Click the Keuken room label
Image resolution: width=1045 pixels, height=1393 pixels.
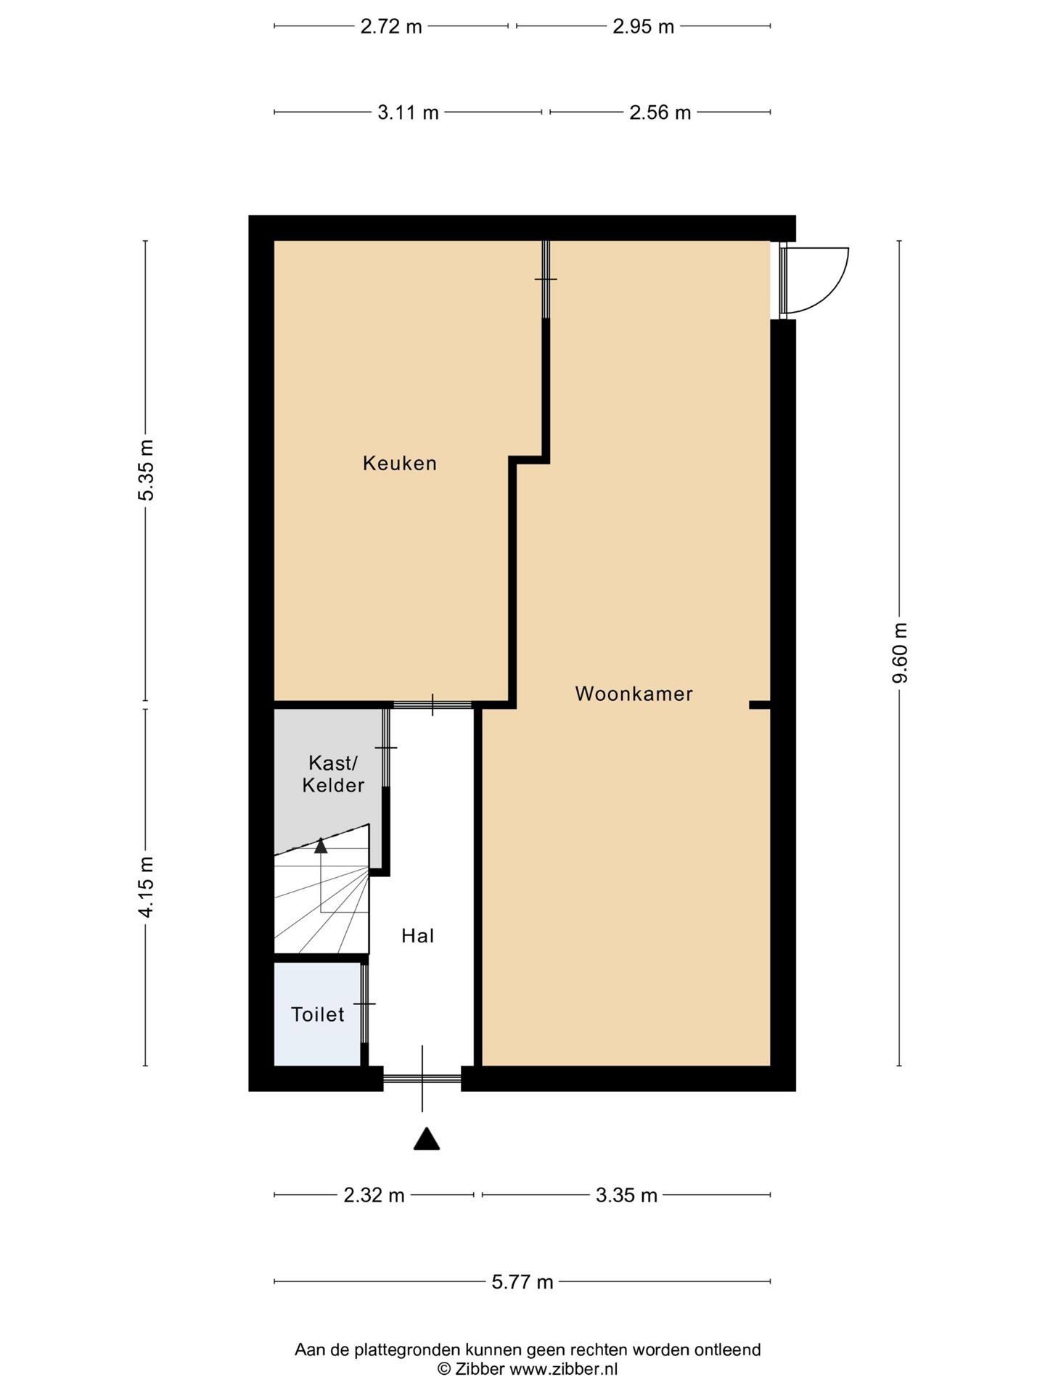pyautogui.click(x=400, y=463)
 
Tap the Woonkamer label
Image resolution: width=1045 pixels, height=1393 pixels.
pyautogui.click(x=634, y=694)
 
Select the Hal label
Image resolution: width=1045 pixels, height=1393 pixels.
pyautogui.click(x=418, y=936)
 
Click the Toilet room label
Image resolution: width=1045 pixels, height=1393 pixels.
pyautogui.click(x=318, y=1014)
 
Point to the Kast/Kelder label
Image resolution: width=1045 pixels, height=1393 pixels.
pyautogui.click(x=334, y=773)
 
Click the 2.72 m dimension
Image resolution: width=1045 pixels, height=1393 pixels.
pyautogui.click(x=391, y=27)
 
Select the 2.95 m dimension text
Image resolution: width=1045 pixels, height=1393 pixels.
pyautogui.click(x=644, y=27)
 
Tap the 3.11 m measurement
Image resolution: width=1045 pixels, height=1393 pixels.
pyautogui.click(x=409, y=112)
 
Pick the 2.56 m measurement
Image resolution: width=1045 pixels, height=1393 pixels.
pyautogui.click(x=660, y=112)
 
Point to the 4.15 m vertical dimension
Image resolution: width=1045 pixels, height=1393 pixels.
pyautogui.click(x=147, y=887)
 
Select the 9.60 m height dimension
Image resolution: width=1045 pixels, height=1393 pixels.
pyautogui.click(x=900, y=653)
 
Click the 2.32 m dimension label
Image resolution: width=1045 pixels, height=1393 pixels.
pyautogui.click(x=374, y=1195)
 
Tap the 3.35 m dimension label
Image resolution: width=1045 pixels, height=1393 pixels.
pyautogui.click(x=626, y=1195)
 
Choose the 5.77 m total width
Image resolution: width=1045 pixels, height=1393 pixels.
pyautogui.click(x=522, y=1282)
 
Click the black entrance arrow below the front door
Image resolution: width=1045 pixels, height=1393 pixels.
pyautogui.click(x=427, y=1140)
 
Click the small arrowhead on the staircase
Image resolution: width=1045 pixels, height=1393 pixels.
pyautogui.click(x=321, y=845)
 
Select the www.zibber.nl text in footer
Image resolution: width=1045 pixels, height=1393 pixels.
pyautogui.click(x=563, y=1369)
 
